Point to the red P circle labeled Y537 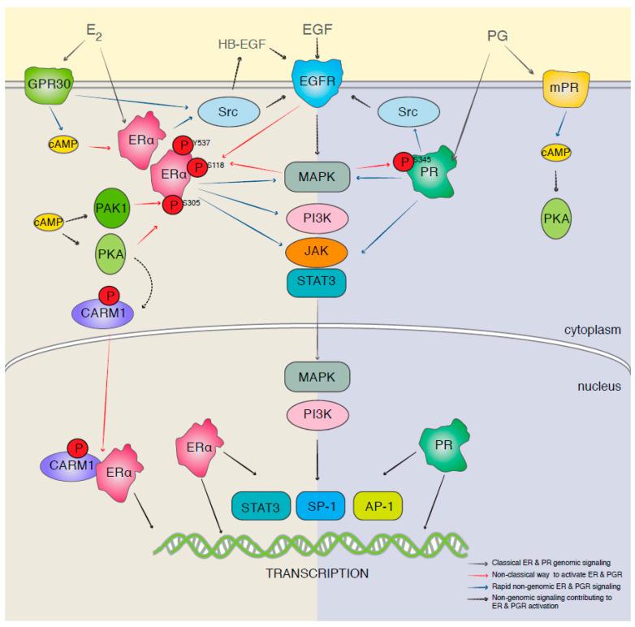184,147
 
